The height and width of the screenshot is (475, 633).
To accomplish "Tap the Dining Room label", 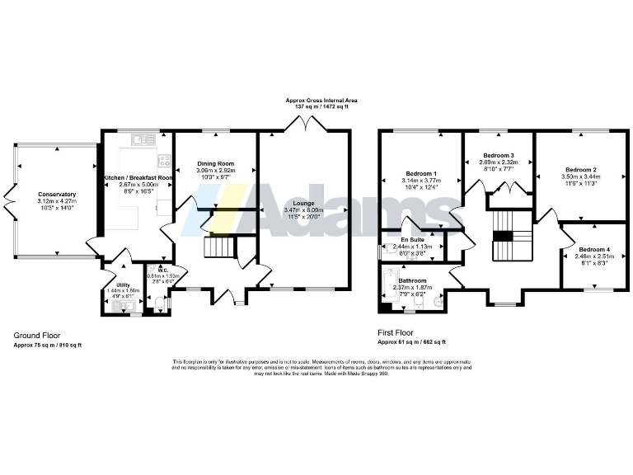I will coord(215,163).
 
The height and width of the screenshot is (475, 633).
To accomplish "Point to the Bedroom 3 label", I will coord(499,156).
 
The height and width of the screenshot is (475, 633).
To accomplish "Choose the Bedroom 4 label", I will coord(595,249).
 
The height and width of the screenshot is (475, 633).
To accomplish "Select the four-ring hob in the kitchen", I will coord(164,160).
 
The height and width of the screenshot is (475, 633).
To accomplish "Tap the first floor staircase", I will coord(503,233).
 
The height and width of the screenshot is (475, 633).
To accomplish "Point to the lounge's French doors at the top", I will coord(304,124).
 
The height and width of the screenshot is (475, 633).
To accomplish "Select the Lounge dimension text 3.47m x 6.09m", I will coord(304,212).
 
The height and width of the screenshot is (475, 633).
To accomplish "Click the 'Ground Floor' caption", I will coord(36,336).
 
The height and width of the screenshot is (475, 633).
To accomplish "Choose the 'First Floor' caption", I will coord(396,332).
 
